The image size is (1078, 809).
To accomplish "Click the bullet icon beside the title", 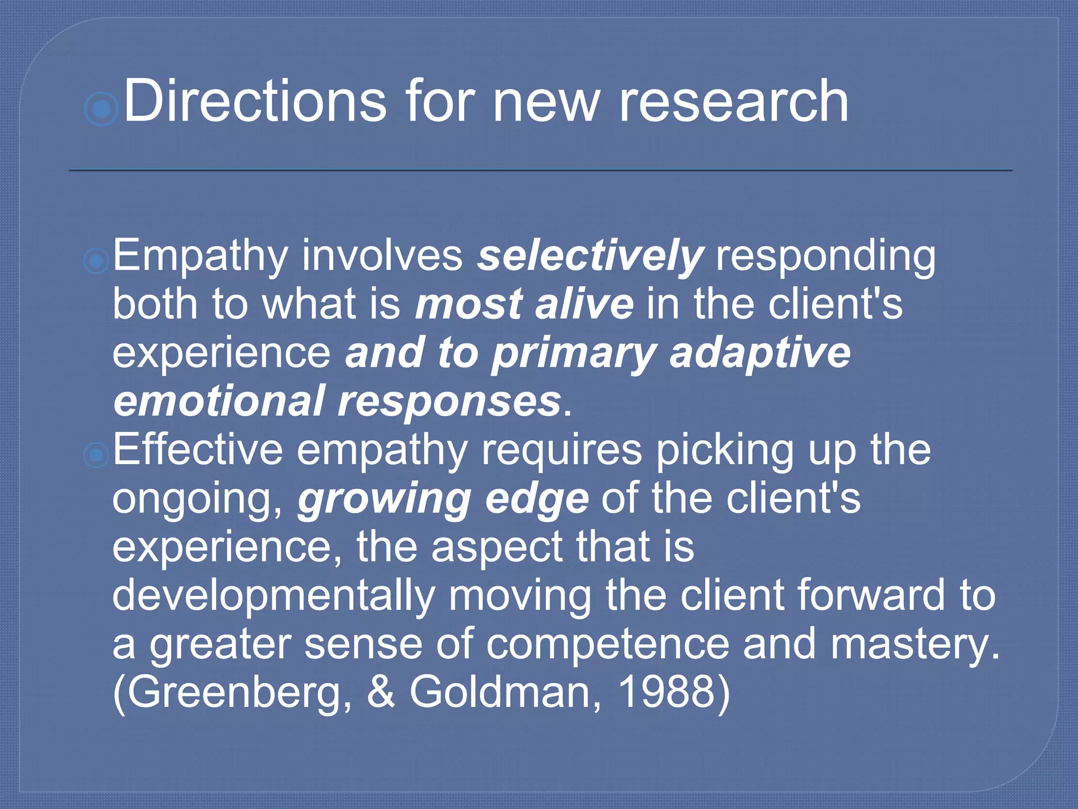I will (101, 109).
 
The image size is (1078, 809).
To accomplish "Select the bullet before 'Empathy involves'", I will (96, 261).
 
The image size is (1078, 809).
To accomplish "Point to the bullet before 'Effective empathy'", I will (96, 455).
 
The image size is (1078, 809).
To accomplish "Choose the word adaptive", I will (760, 353).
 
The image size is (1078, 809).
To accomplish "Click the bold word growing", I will (384, 499).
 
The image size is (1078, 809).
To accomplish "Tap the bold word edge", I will (537, 499).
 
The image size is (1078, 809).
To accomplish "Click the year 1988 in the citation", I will (667, 692).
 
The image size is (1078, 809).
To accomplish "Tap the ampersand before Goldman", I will (381, 692).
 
